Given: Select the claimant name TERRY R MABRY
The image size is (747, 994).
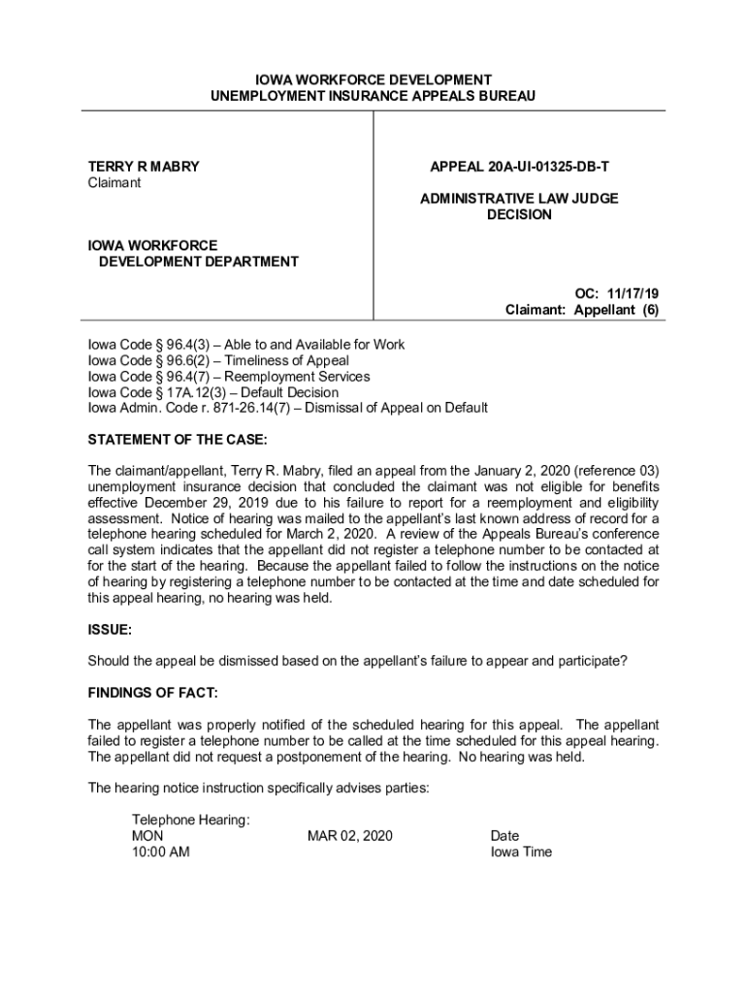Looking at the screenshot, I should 144,166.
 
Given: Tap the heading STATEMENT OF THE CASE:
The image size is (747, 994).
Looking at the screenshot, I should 177,440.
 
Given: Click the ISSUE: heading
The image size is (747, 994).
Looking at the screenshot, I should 110,629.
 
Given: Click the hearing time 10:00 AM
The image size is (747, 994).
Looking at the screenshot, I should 160,851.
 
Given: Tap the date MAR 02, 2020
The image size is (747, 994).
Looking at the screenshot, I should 349,836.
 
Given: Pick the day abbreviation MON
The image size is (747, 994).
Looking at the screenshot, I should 147,836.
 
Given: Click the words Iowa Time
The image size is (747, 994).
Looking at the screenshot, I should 521,851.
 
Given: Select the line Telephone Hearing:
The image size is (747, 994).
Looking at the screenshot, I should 191,819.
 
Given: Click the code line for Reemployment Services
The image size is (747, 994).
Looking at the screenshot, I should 229,376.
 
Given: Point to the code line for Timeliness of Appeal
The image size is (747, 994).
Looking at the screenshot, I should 218,360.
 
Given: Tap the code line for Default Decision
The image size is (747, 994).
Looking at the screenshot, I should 213,392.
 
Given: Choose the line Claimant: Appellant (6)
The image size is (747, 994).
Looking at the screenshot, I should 582,311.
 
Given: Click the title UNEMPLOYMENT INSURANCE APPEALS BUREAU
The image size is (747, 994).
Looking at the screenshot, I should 373,96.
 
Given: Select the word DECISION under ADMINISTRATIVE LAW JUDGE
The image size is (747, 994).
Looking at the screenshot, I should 518,215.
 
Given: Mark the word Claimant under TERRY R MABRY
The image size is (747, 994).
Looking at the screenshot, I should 114,182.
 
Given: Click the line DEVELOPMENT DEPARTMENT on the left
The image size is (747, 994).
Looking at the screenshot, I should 198,261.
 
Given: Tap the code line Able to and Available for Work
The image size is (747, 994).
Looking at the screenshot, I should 246,345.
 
